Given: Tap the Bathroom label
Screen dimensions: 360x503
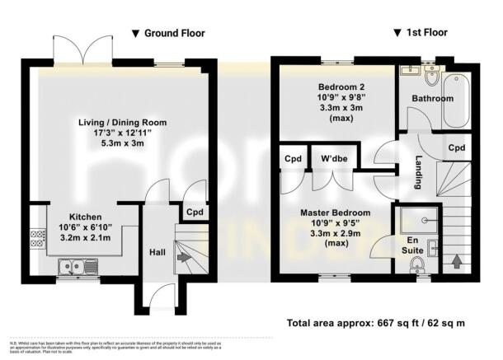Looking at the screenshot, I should tap(434, 99).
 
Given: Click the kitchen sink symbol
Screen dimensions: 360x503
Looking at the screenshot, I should tap(72, 267).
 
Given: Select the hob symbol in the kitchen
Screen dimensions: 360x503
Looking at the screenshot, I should tap(38, 239).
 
